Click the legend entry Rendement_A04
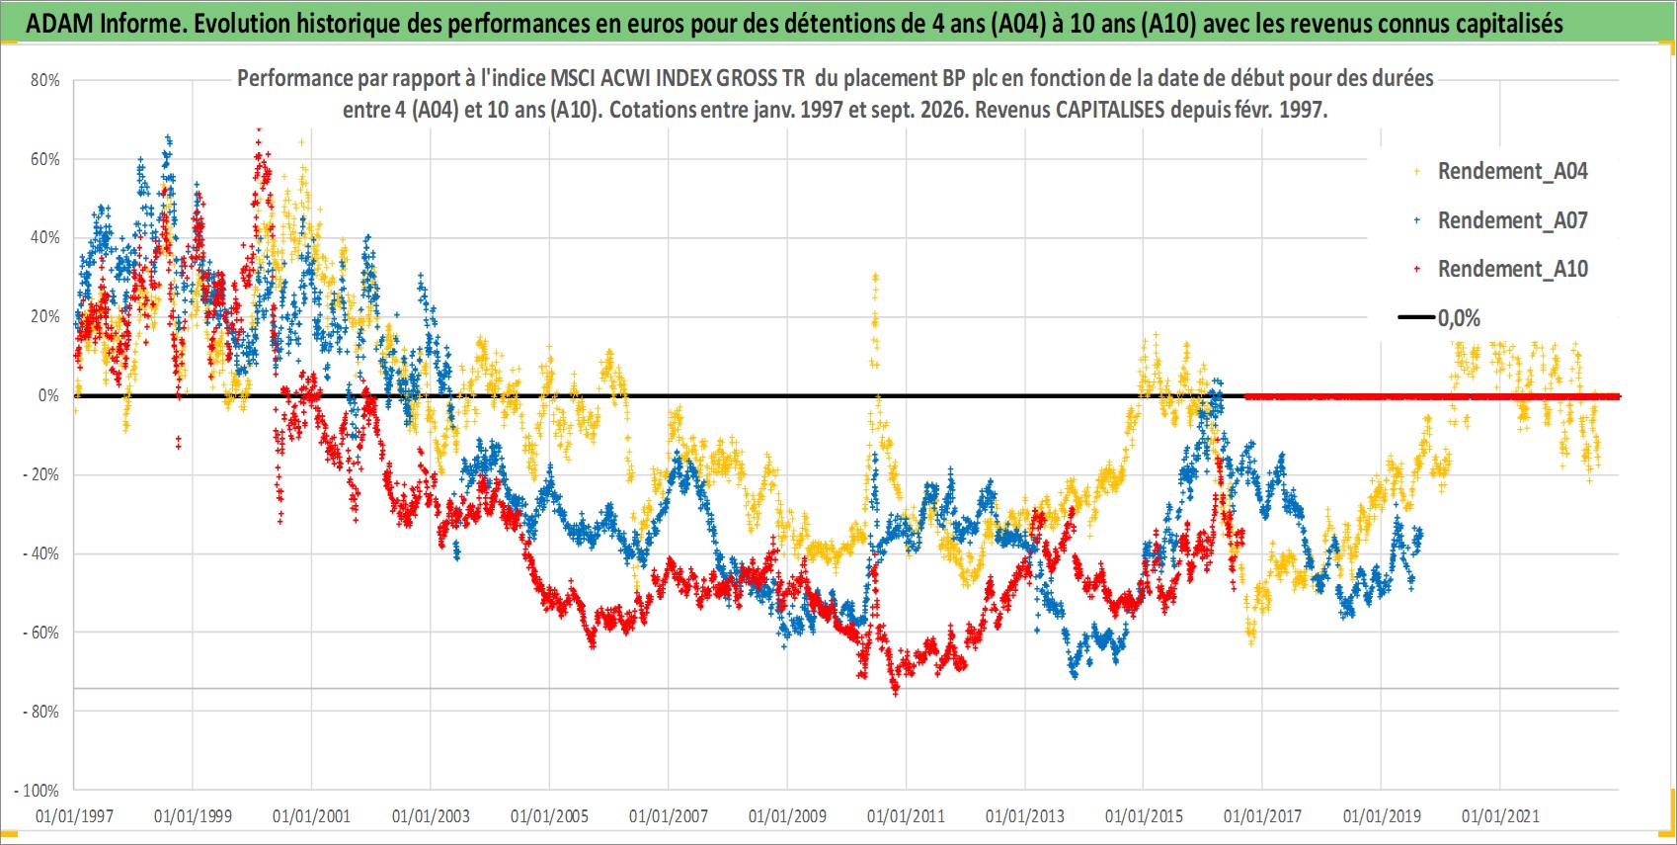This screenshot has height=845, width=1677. tap(1501, 172)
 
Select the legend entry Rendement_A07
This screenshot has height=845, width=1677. tap(1501, 221)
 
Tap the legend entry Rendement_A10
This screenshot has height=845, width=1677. tap(1501, 269)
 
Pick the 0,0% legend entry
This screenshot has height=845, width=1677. tap(1440, 318)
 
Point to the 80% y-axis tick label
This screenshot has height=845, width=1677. tap(44, 80)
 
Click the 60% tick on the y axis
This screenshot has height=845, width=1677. tap(44, 159)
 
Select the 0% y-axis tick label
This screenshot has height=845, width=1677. tap(48, 395)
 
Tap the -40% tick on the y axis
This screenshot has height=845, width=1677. tap(40, 553)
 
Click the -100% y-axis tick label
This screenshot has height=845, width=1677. tap(36, 791)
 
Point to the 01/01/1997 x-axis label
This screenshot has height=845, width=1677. tap(74, 815)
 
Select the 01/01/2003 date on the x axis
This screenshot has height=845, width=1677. tap(431, 815)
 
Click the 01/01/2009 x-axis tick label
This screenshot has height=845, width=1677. tap(787, 815)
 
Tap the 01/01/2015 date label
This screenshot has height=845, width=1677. tap(1144, 815)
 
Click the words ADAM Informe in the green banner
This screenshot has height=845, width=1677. tap(104, 24)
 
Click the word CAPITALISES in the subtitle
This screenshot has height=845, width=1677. tap(1109, 110)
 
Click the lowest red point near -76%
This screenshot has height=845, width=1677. tap(896, 694)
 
